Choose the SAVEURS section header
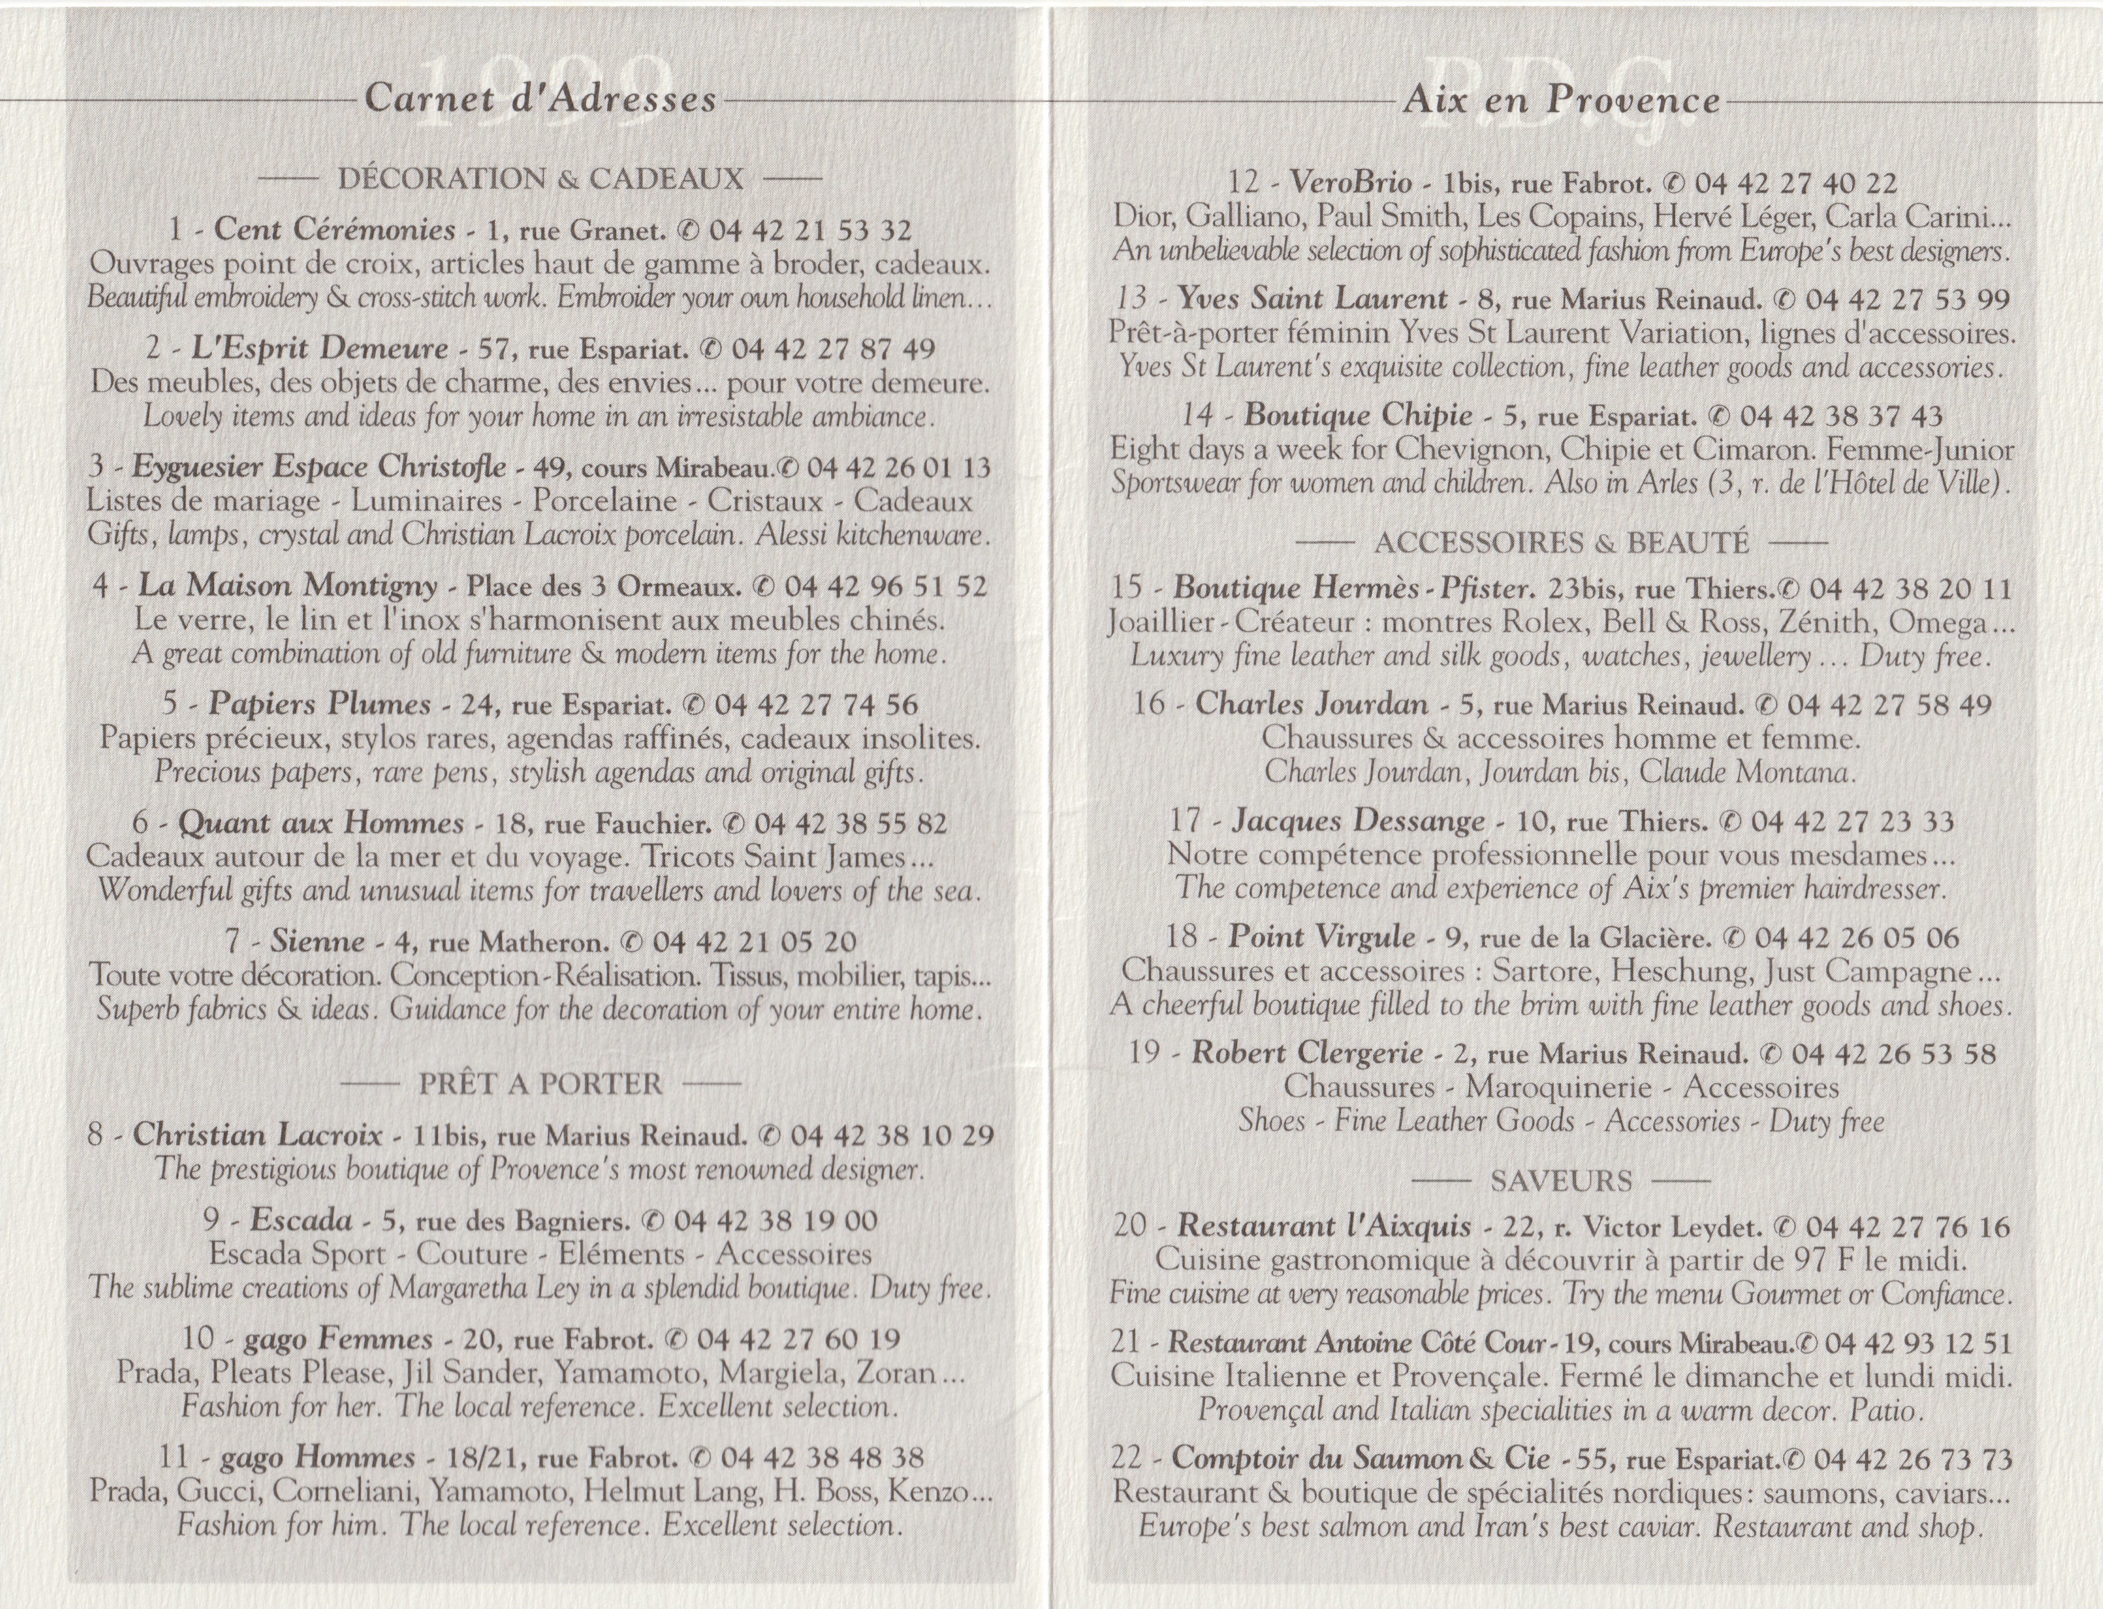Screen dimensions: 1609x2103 [1561, 1181]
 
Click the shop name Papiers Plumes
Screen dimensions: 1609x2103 [320, 705]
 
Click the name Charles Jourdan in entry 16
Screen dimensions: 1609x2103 [1311, 705]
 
